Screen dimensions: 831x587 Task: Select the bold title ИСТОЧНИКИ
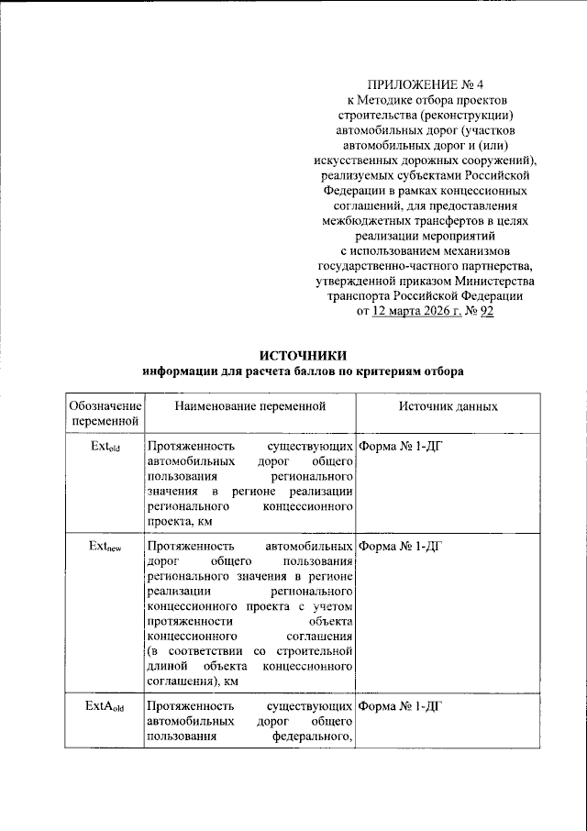point(304,356)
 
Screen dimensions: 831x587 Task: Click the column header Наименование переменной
point(249,405)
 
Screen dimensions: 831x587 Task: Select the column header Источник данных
point(448,405)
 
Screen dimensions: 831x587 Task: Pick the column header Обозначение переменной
point(105,413)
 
